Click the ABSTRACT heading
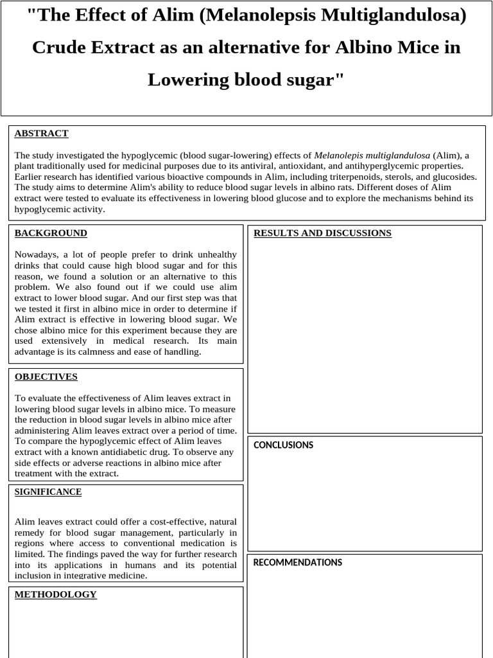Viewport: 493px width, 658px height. (41, 134)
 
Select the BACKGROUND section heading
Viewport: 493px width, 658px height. (51, 233)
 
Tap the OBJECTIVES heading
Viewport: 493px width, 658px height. (46, 377)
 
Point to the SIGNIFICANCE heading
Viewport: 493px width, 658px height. (48, 492)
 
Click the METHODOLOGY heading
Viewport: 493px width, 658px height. (55, 594)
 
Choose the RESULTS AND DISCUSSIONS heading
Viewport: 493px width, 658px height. (322, 233)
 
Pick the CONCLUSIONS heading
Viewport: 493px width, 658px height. (283, 445)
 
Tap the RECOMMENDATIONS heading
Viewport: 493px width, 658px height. (297, 562)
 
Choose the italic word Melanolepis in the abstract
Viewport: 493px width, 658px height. (338, 155)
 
